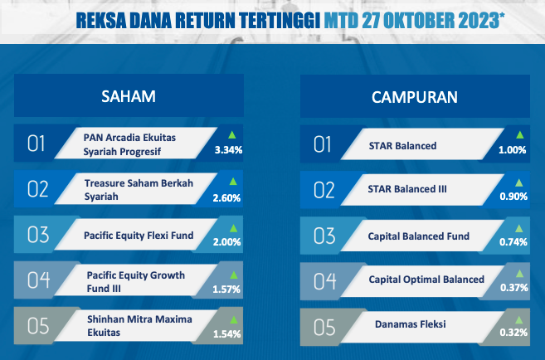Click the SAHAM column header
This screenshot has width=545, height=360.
pyautogui.click(x=129, y=96)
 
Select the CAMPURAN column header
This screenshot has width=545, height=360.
pyautogui.click(x=415, y=97)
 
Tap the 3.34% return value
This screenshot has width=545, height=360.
pyautogui.click(x=228, y=150)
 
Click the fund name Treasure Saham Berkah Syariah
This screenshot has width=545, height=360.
pyautogui.click(x=139, y=190)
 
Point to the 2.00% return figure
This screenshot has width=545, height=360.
pyautogui.click(x=227, y=242)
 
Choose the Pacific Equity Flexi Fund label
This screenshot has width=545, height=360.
pyautogui.click(x=139, y=236)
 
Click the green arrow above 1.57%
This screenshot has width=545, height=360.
pyautogui.click(x=234, y=275)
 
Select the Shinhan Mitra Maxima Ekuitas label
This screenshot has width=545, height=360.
pyautogui.click(x=139, y=326)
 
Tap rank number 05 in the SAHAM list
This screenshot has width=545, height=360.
pyautogui.click(x=38, y=326)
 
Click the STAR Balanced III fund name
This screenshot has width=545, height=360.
pyautogui.click(x=407, y=189)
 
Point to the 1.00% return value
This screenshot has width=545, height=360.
pyautogui.click(x=513, y=150)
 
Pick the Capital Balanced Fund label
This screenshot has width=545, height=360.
pyautogui.click(x=418, y=236)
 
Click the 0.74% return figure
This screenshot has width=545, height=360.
pyautogui.click(x=513, y=242)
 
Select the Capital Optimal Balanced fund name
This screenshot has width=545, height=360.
pyautogui.click(x=426, y=280)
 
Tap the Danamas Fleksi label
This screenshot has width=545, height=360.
pyautogui.click(x=410, y=324)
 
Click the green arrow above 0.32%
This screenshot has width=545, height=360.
pyautogui.click(x=519, y=319)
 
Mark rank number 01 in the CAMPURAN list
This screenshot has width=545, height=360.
pyautogui.click(x=322, y=144)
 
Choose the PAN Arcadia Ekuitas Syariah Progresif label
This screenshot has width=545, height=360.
pyautogui.click(x=129, y=144)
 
